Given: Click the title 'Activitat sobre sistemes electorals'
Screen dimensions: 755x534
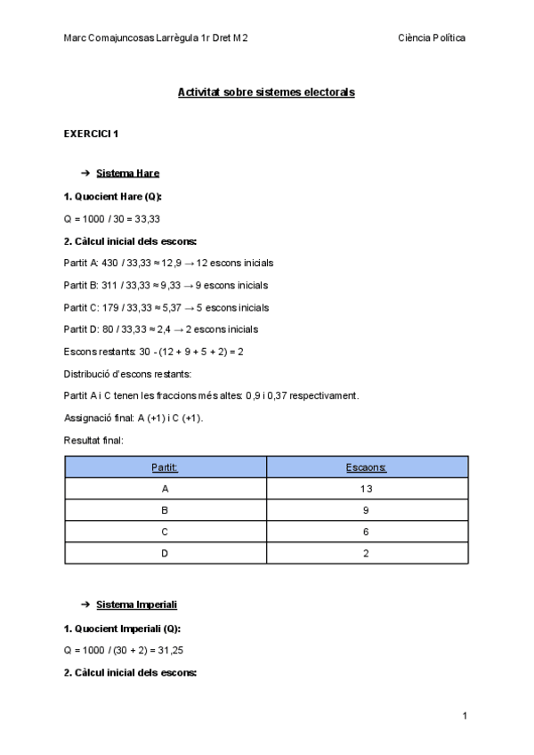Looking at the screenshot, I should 266,92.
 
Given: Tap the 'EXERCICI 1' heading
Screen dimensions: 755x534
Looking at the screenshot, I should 91,134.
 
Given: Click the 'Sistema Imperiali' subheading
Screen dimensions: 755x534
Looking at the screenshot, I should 136,605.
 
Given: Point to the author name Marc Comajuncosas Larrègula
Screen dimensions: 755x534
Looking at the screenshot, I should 157,37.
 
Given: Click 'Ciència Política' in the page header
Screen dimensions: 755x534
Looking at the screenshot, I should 433,37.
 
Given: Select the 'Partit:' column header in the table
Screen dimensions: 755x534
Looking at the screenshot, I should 166,467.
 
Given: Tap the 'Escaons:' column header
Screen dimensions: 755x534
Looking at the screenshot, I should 368,467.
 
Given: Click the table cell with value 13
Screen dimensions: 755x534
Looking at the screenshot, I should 368,489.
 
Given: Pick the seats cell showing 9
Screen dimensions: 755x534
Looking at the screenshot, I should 368,510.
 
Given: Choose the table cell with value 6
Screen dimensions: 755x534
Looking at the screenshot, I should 368,532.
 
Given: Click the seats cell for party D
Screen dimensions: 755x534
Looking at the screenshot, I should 368,553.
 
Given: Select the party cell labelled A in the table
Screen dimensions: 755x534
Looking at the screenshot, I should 166,489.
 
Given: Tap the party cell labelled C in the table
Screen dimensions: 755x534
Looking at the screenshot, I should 166,532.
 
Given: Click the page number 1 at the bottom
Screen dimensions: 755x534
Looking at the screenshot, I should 465,716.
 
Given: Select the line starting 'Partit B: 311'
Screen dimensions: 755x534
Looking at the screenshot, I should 166,285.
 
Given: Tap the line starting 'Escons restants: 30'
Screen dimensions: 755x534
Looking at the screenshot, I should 153,352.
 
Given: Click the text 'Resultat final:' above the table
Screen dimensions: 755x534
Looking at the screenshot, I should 93,440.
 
